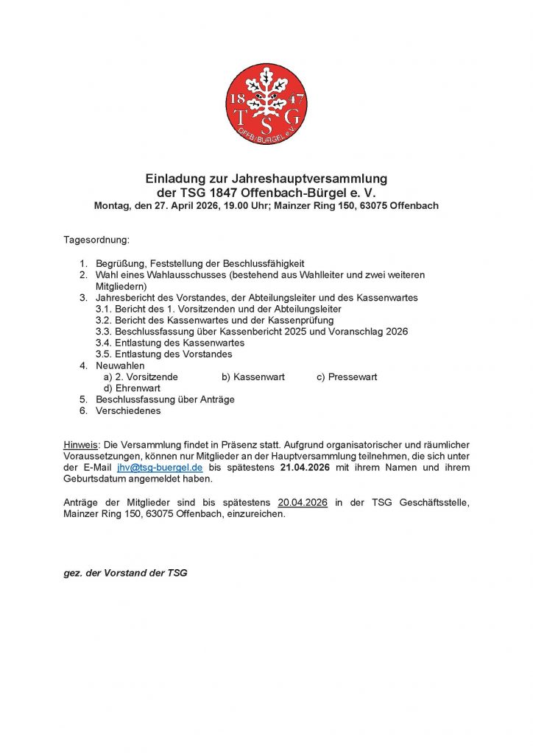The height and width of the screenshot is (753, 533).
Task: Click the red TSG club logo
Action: click(266, 104)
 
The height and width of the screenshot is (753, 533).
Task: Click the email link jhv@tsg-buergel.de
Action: click(160, 468)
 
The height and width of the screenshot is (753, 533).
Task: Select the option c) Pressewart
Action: click(347, 376)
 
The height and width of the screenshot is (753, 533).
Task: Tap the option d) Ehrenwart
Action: click(131, 388)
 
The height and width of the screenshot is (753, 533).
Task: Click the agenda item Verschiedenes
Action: click(128, 411)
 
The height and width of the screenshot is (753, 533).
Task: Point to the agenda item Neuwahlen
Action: click(120, 365)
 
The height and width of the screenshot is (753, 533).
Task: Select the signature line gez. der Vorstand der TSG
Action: click(125, 573)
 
